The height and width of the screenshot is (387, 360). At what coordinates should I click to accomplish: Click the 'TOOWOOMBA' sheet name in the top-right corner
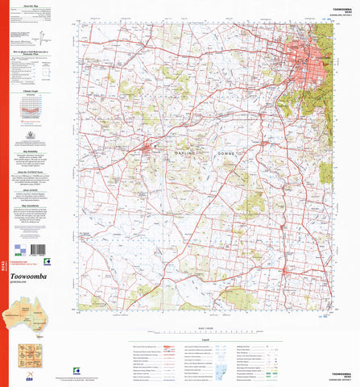coord(338,6)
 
